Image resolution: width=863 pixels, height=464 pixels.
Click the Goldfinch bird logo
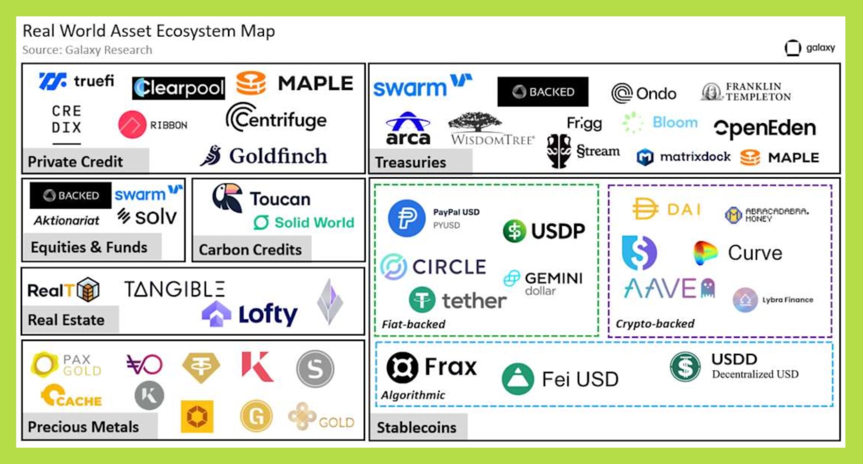[x=212, y=156]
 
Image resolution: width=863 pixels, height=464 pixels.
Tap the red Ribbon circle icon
[x=132, y=125]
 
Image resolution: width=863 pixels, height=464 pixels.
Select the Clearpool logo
[x=178, y=88]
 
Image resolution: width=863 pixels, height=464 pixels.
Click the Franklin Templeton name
[x=758, y=92]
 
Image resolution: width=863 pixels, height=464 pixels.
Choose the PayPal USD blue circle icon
[x=406, y=218]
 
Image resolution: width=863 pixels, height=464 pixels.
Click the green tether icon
[x=422, y=300]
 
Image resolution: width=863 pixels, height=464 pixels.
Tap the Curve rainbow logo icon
[x=705, y=253]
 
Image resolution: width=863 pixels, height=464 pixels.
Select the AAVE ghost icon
[x=708, y=287]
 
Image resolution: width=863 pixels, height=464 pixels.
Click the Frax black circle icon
[x=402, y=367]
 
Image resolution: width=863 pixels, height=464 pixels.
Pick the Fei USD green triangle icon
[x=518, y=379]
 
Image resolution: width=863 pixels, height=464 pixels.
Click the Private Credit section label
[x=76, y=161]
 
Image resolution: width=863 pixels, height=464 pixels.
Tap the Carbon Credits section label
[x=250, y=249]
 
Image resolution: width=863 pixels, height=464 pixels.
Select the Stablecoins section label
[x=416, y=427]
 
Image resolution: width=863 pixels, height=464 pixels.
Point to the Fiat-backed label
[x=413, y=324]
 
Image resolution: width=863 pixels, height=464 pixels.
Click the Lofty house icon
[x=216, y=314]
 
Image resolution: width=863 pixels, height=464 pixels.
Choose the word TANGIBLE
[x=174, y=289]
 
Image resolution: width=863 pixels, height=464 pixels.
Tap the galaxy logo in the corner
[x=793, y=48]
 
